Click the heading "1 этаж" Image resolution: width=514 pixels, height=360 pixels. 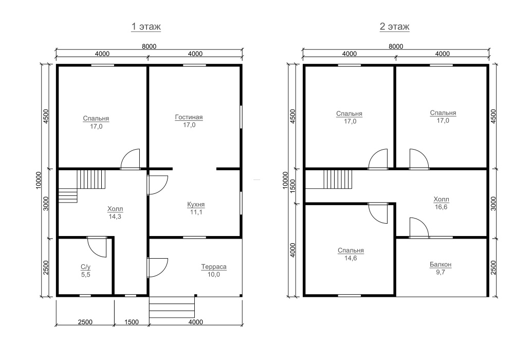[146, 26]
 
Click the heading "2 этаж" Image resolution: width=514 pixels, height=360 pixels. [394, 26]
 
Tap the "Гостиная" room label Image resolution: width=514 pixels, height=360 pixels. [189, 117]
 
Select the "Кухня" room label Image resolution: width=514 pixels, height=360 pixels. [196, 204]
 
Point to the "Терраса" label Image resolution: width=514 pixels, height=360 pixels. [214, 267]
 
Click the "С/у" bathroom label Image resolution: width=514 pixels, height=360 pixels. [85, 267]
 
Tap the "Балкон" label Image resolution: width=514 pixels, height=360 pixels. [440, 264]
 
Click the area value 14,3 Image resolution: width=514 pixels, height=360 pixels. [115, 217]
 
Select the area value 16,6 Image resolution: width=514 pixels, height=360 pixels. [441, 207]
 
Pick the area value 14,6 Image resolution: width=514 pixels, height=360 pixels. [351, 258]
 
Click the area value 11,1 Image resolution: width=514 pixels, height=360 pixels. [196, 212]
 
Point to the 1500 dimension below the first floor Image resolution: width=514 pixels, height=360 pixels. [132, 322]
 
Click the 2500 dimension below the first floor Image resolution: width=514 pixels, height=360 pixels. [85, 322]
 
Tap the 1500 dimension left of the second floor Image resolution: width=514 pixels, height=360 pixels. [293, 186]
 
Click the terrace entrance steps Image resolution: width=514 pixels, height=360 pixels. [172, 307]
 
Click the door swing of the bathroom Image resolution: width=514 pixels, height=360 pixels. [97, 246]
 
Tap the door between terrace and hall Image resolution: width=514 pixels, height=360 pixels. [157, 268]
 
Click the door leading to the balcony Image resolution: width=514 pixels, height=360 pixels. [419, 227]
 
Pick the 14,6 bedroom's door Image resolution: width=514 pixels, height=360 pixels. [378, 213]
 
